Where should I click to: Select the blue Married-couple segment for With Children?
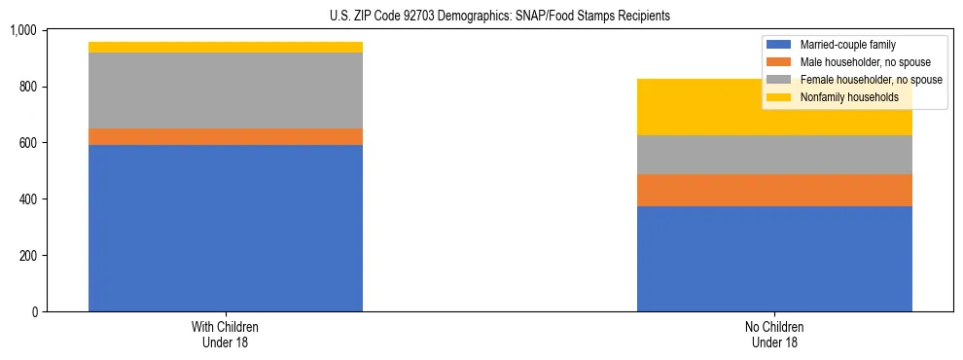pos(226,228)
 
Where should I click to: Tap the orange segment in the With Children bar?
pos(226,137)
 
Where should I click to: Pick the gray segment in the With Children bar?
pos(226,90)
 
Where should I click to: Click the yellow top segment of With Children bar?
pos(226,47)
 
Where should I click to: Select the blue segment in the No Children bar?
pos(774,259)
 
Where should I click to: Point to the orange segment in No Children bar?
pos(774,191)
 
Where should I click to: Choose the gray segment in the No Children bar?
pos(774,155)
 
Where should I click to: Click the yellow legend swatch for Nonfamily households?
pos(779,97)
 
